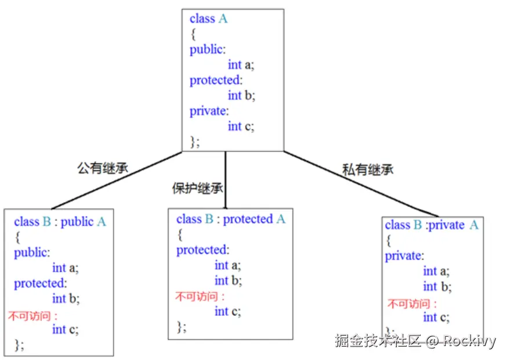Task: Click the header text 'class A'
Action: point(208,19)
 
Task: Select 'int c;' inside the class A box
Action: point(241,126)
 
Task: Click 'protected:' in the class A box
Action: point(216,80)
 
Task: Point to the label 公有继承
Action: point(103,168)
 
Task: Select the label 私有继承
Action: point(368,170)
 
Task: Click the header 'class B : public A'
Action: point(60,222)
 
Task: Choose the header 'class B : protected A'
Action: point(231,219)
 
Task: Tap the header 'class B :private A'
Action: point(432,225)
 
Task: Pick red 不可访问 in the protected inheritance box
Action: point(200,297)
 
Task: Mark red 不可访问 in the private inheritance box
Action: point(412,304)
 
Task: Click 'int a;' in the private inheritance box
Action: point(436,271)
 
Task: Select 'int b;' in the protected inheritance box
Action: point(227,280)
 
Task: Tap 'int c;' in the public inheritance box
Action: point(65,329)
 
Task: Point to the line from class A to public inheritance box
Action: point(116,181)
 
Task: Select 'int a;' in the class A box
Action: point(241,64)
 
